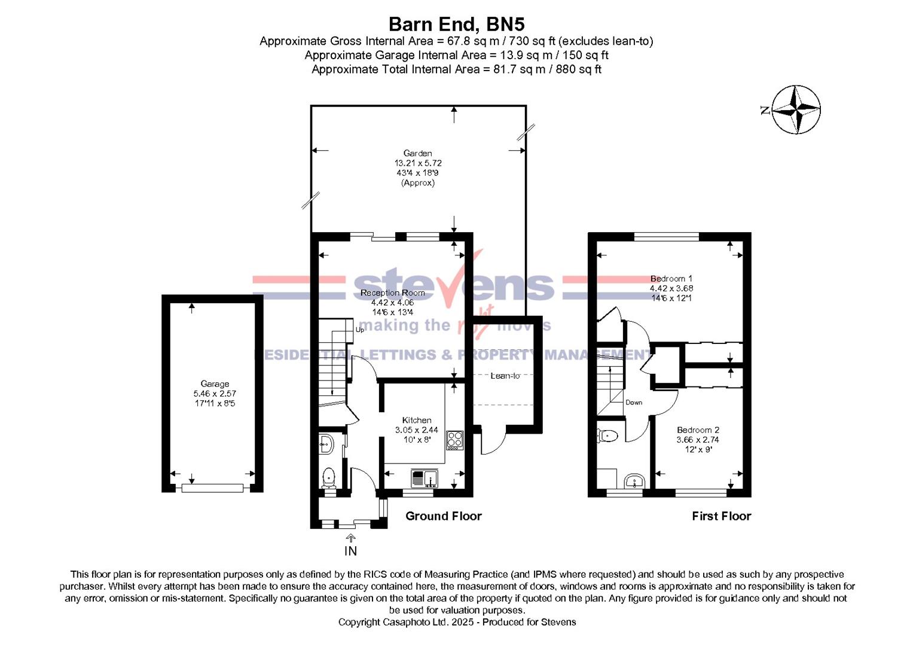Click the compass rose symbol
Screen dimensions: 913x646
796,109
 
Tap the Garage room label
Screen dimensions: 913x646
215,384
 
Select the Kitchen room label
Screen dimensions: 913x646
417,420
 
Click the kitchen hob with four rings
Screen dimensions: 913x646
454,440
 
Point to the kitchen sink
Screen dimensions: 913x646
425,479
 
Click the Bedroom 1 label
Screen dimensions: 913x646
671,279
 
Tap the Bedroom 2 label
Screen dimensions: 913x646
698,430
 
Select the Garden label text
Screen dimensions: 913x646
418,153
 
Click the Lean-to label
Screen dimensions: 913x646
505,376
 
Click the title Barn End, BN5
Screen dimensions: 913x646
457,24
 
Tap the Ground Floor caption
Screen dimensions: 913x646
444,516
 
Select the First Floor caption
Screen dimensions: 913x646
722,516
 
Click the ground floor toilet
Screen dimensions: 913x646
328,477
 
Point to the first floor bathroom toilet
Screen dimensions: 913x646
607,435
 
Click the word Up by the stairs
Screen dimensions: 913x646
360,330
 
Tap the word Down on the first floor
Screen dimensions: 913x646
634,402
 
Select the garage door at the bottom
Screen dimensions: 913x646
212,487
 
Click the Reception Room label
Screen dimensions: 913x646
392,293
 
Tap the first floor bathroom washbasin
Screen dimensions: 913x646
634,481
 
